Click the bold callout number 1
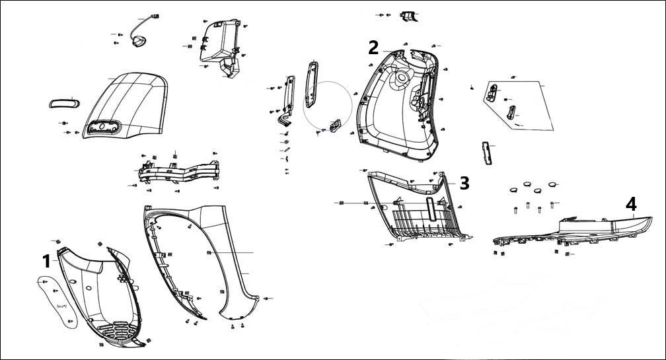pos(46,260)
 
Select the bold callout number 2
pos(373,48)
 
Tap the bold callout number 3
pos(464,183)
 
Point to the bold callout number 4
pos(631,204)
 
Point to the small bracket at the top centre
pos(411,17)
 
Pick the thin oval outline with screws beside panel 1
pos(58,301)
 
